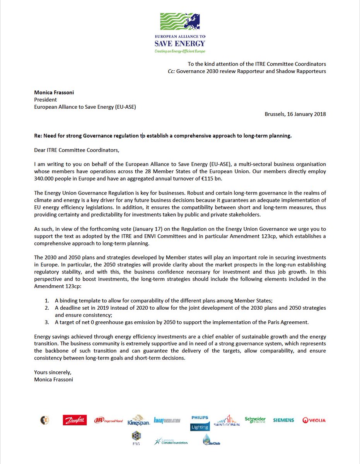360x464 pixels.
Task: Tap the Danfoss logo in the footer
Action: pos(75,420)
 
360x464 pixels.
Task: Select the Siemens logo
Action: pos(283,420)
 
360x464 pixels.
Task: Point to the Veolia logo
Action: pos(314,420)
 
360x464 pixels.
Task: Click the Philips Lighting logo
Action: pos(200,423)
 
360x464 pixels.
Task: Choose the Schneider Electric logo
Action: pos(255,420)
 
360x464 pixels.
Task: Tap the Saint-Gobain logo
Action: pos(227,421)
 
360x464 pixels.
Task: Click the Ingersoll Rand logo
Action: pos(108,420)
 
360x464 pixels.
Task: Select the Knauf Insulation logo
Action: pos(167,420)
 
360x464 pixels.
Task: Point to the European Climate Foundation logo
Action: pos(171,441)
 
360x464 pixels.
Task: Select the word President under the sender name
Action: pos(46,99)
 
